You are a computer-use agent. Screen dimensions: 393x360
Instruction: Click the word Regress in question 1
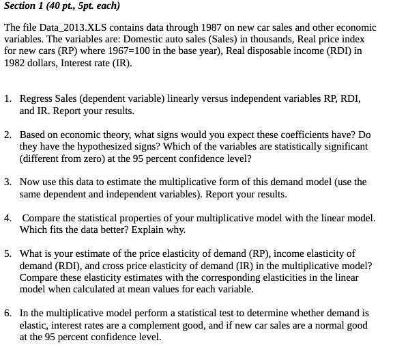click(x=37, y=99)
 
